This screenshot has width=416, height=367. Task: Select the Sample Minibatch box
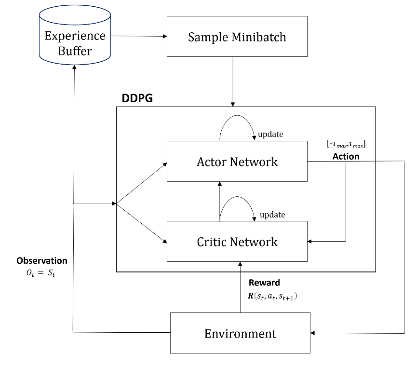[x=237, y=37]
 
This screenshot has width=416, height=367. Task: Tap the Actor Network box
[x=237, y=162]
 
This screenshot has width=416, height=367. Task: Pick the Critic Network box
[x=237, y=241]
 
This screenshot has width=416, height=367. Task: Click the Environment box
[x=240, y=333]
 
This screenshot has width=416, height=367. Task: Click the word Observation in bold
[x=42, y=261]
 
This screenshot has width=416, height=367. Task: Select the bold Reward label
[x=264, y=283]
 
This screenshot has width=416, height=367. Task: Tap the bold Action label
[x=346, y=157]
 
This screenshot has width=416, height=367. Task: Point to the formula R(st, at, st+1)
[x=273, y=296]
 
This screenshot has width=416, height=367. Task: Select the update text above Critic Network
[x=272, y=215]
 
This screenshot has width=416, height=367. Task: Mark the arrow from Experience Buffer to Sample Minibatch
[x=137, y=36]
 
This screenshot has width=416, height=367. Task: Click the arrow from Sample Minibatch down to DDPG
[x=233, y=82]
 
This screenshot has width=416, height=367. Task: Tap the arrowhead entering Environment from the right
[x=315, y=333]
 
